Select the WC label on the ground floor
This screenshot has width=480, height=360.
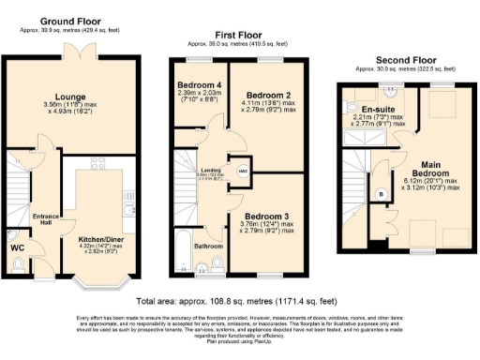pyautogui.click(x=16, y=247)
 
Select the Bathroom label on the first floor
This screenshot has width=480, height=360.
pyautogui.click(x=208, y=247)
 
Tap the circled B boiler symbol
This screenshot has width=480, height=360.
pyautogui.click(x=380, y=194)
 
